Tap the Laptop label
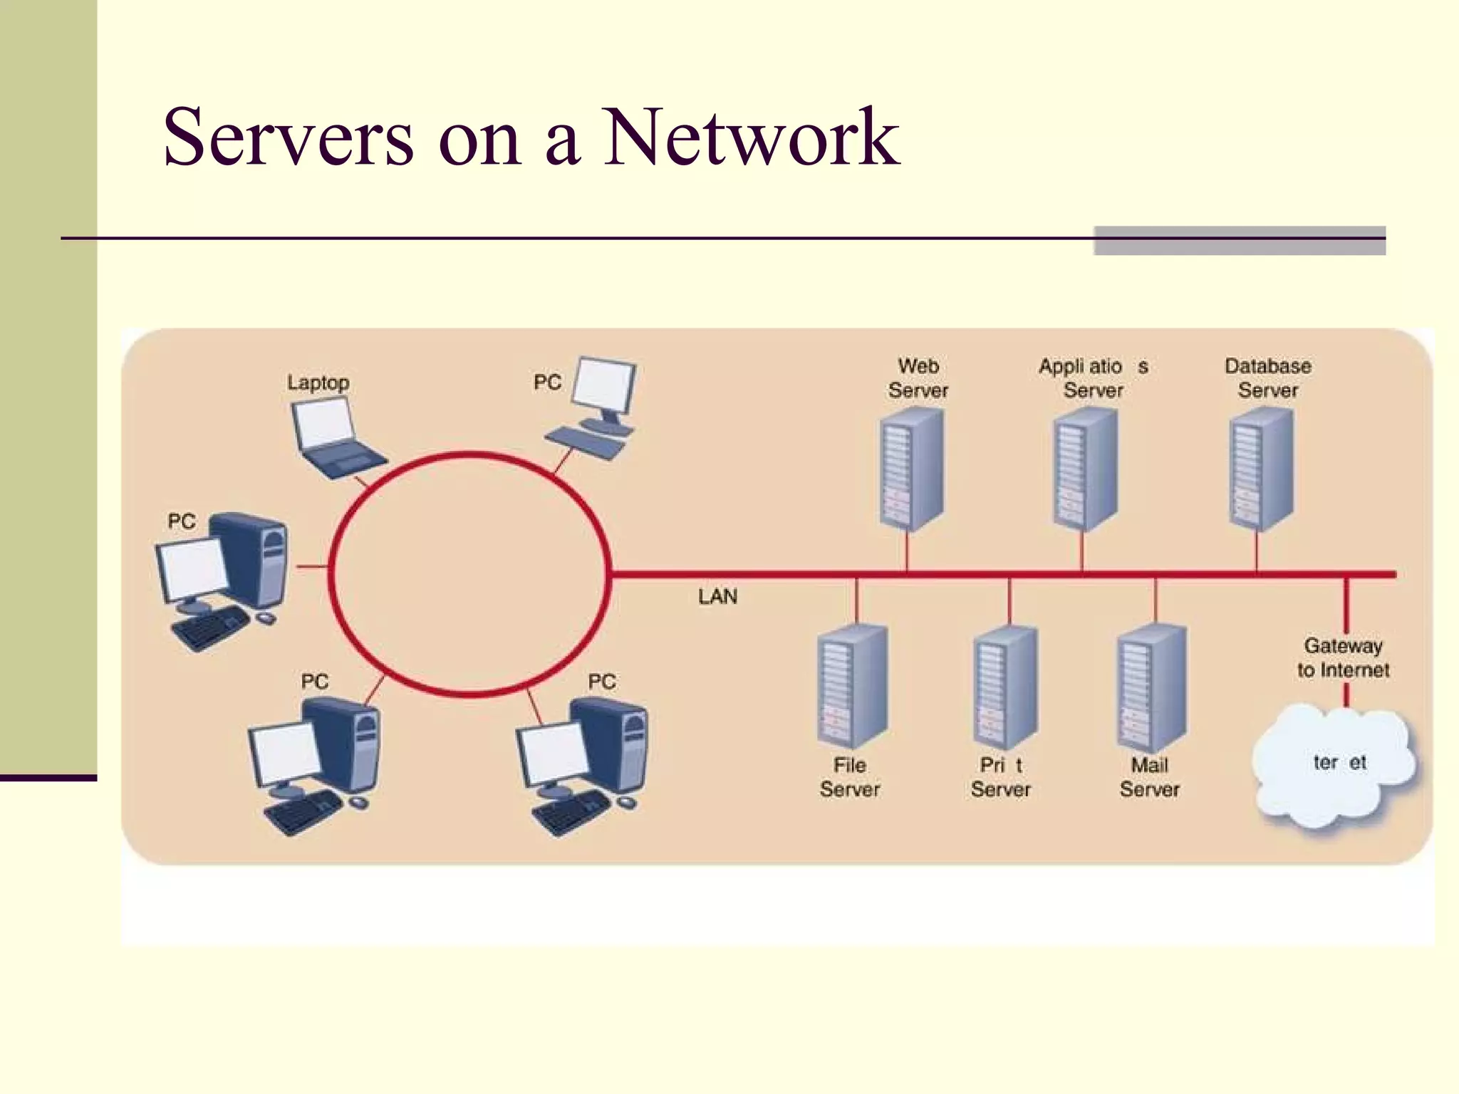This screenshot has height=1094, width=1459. click(x=318, y=382)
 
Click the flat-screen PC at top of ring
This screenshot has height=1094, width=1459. click(x=598, y=406)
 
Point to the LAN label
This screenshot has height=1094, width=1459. click(x=717, y=597)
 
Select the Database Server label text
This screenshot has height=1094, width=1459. click(x=1267, y=378)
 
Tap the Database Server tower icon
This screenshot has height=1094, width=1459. click(x=1260, y=470)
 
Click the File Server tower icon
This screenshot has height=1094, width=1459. click(x=851, y=687)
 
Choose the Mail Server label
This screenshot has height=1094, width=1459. click(x=1149, y=777)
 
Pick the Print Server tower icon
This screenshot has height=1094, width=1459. click(x=1004, y=687)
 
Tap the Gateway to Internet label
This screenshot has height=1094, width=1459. click(x=1343, y=657)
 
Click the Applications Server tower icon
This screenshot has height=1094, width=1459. click(x=1085, y=470)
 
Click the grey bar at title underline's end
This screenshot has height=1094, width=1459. click(x=1239, y=241)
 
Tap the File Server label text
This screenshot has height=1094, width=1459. click(x=849, y=777)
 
